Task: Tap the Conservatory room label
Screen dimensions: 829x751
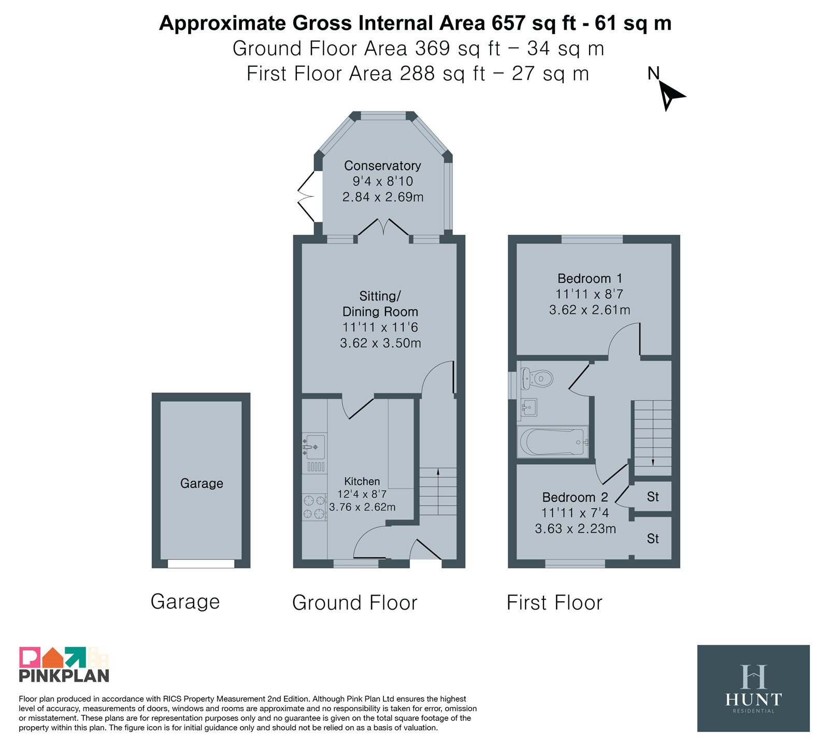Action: click(382, 166)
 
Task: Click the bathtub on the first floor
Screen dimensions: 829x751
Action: click(553, 442)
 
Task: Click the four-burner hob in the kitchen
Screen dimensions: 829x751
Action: click(315, 507)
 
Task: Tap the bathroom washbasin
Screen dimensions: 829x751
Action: click(528, 408)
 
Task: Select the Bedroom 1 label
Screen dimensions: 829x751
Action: click(590, 279)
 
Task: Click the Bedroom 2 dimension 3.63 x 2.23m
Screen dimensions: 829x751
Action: click(575, 529)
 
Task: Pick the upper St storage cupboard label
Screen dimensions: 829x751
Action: click(653, 497)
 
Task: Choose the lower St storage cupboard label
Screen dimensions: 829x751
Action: click(653, 539)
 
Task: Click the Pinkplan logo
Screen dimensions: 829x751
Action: click(64, 665)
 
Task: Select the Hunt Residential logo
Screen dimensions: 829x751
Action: click(753, 688)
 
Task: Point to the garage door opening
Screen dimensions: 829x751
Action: click(201, 564)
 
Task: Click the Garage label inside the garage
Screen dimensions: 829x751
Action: click(202, 483)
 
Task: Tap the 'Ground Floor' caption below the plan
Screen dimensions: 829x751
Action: click(355, 603)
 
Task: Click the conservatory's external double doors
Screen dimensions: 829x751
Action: click(307, 197)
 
